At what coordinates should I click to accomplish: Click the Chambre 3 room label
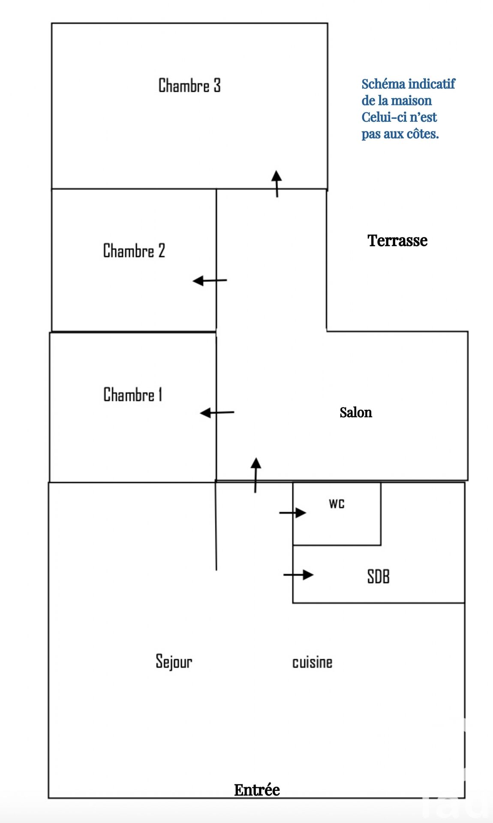(189, 85)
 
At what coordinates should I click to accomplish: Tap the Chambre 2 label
(134, 251)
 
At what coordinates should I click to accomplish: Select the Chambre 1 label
(133, 394)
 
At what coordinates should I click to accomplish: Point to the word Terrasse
(397, 240)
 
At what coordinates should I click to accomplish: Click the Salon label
(355, 412)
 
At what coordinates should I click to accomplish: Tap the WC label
(337, 504)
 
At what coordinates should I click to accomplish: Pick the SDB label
(378, 577)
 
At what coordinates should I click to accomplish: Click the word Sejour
(174, 661)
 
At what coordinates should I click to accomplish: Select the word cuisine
(312, 662)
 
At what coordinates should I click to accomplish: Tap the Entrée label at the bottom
(257, 790)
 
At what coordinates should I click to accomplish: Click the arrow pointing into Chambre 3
(277, 183)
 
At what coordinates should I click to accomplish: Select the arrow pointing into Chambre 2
(210, 281)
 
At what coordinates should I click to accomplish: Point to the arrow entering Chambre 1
(217, 413)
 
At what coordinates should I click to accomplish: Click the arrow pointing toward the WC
(293, 513)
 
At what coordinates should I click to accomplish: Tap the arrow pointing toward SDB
(298, 574)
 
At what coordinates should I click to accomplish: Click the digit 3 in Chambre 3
(217, 85)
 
